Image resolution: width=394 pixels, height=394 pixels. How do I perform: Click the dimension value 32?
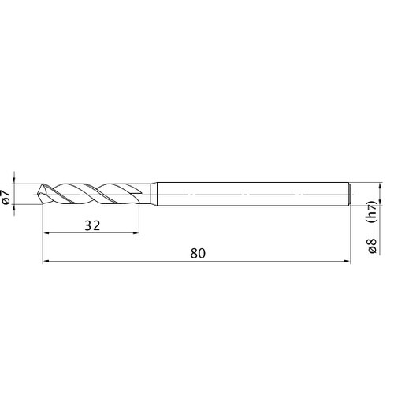tap(92, 225)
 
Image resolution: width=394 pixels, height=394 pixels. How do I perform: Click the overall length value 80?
tap(198, 254)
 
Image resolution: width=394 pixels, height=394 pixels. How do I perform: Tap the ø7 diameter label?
tap(6, 197)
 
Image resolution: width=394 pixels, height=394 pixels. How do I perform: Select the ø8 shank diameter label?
tap(372, 246)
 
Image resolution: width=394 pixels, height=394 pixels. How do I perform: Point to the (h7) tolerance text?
tap(372, 212)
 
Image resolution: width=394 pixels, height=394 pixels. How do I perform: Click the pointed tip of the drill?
tap(39, 195)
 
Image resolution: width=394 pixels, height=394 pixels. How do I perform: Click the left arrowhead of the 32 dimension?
tap(46, 232)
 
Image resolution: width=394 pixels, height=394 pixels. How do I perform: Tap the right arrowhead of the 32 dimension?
tap(136, 232)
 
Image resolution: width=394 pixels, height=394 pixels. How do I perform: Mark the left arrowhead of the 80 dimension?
tap(46, 261)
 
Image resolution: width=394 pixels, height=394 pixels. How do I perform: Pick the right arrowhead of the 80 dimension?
tap(348, 261)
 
